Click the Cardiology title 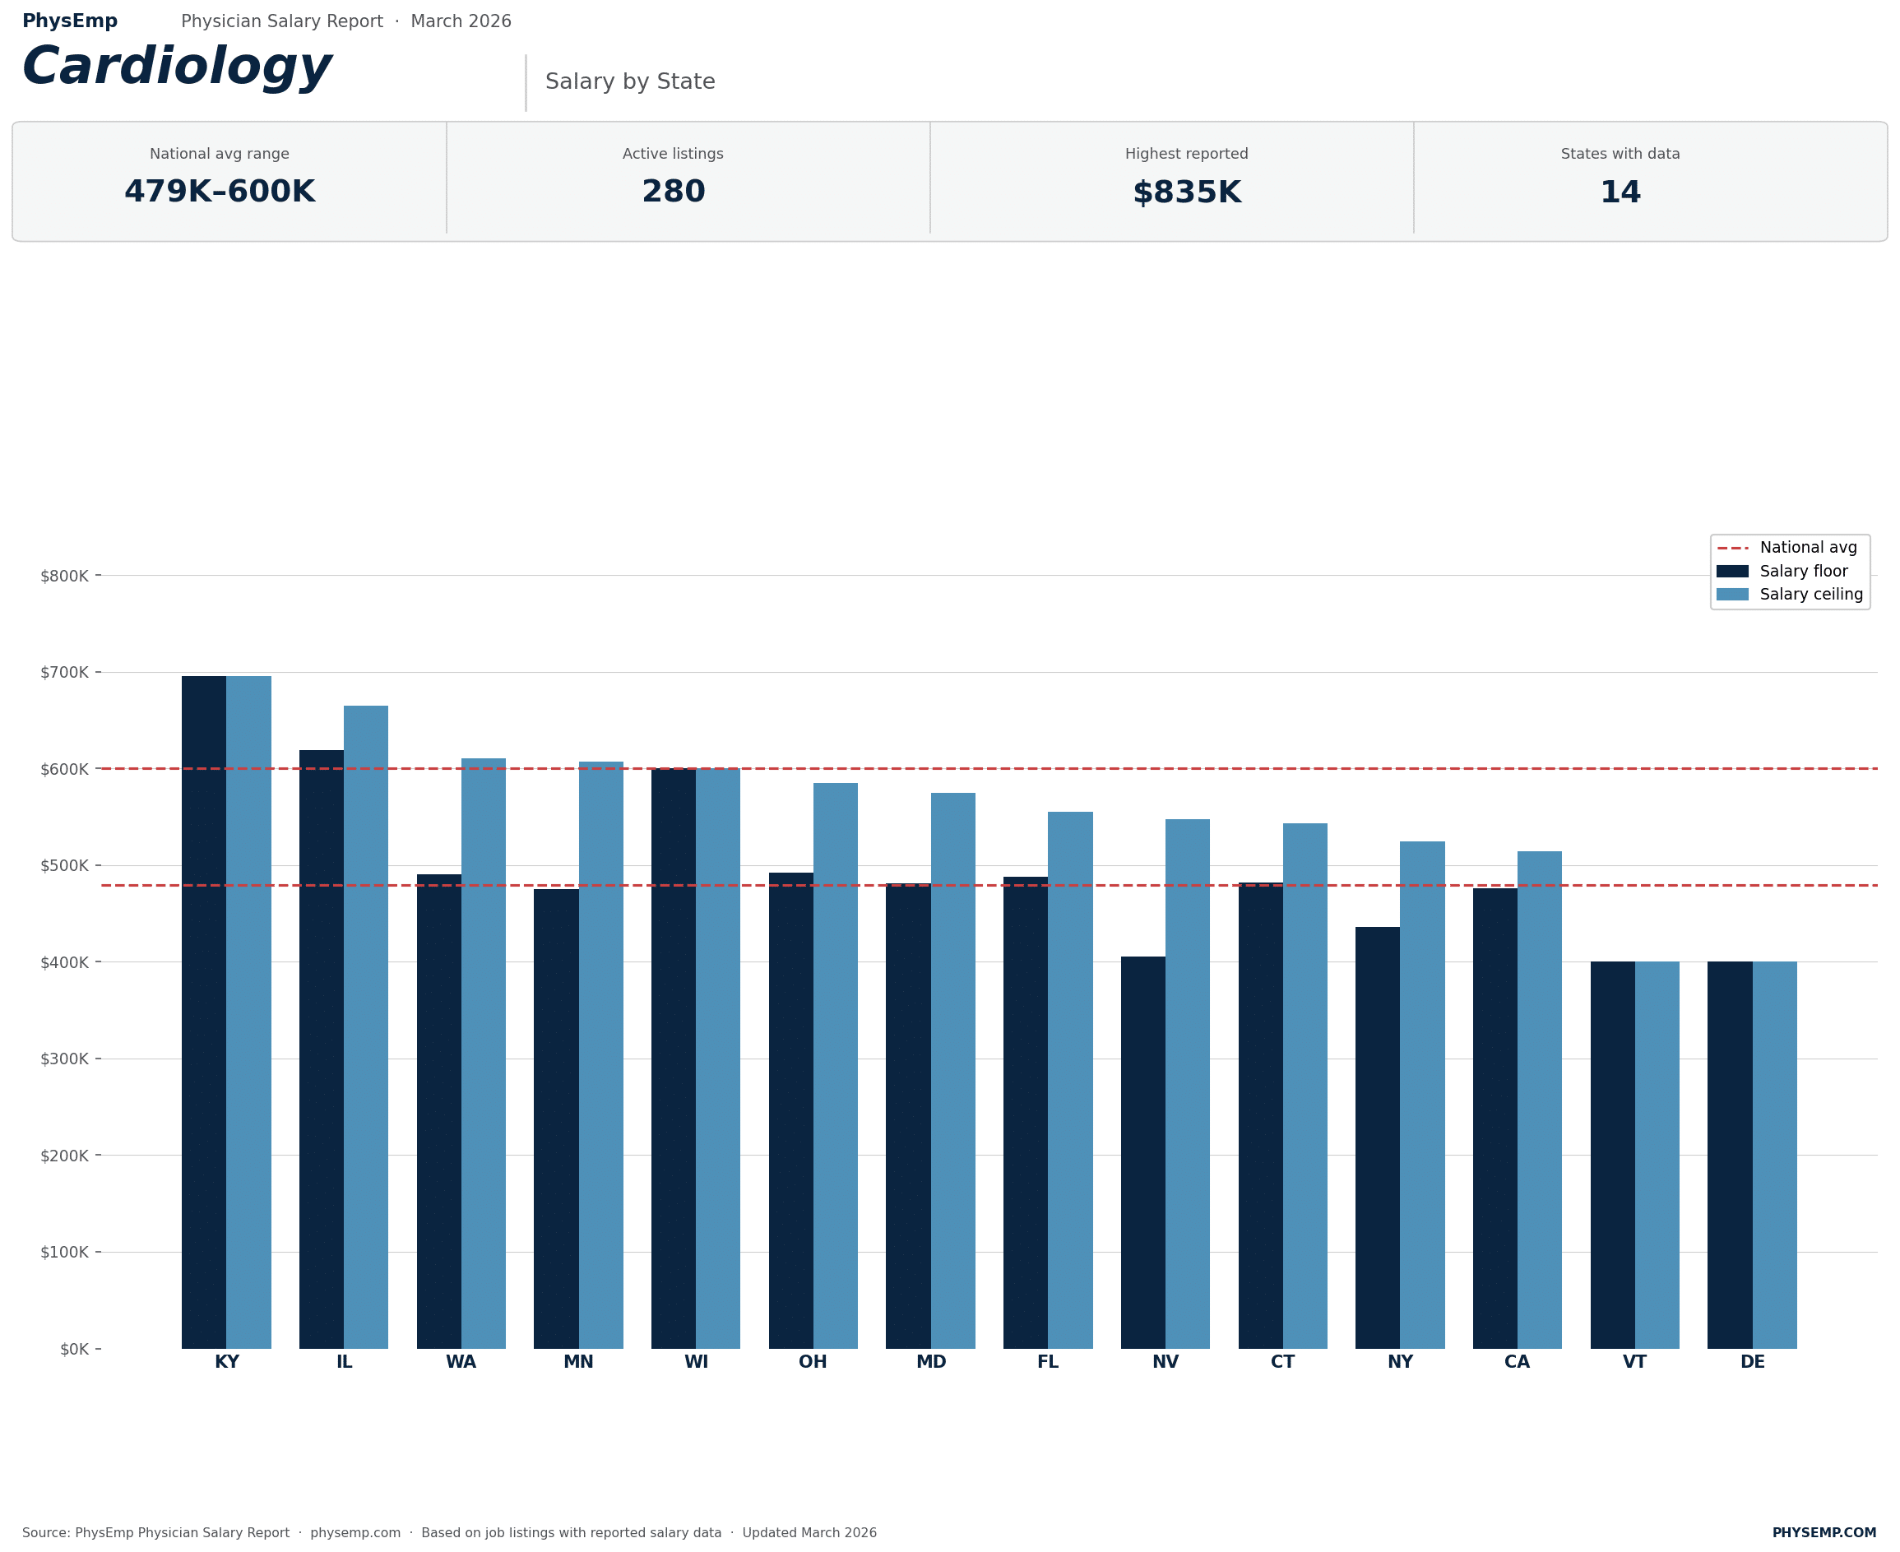coord(176,68)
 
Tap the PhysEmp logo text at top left coord(70,21)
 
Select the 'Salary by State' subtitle coord(629,81)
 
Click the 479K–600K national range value coord(219,192)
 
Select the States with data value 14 coord(1620,192)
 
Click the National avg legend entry coord(1807,547)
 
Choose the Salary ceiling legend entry coord(1810,594)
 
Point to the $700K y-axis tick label coord(64,672)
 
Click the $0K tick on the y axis coord(74,1349)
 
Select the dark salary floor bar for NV coord(1142,1153)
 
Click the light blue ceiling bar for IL coord(366,1028)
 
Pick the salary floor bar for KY coord(204,1010)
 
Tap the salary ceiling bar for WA coord(483,1055)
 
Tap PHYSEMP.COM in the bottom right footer coord(1824,1532)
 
